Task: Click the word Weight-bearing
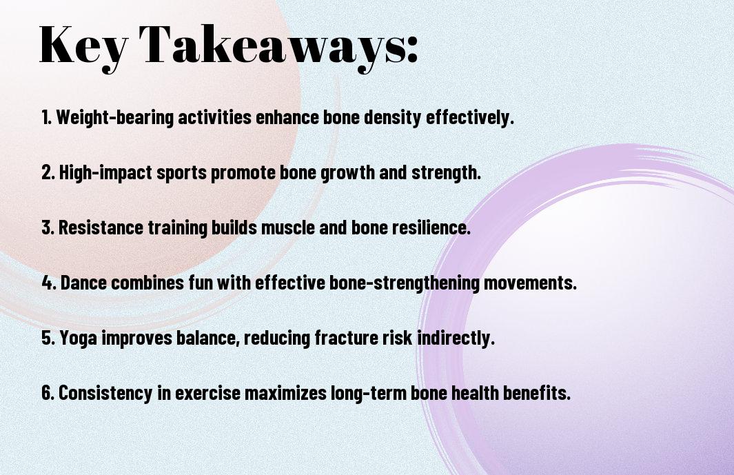[x=114, y=117]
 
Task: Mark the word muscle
[x=287, y=228]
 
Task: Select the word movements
[x=530, y=283]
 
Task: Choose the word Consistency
[x=105, y=393]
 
